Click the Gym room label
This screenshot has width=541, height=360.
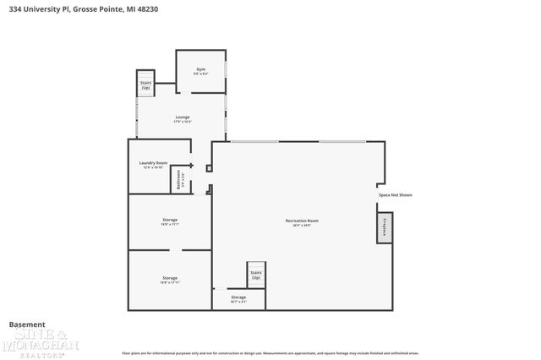201,68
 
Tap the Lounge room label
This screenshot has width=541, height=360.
183,117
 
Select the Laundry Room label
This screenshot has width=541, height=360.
153,162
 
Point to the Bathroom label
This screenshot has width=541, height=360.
179,180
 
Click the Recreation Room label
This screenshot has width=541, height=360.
302,221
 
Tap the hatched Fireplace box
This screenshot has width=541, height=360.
385,227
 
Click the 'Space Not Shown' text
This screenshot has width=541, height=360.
395,194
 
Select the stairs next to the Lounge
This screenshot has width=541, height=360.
145,84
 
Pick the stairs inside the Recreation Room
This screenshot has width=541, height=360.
255,275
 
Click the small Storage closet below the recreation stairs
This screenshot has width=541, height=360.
238,299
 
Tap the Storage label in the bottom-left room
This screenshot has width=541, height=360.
170,278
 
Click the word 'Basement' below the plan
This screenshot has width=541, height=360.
27,325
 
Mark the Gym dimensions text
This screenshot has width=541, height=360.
201,74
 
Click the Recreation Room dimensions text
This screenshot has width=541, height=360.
302,226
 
